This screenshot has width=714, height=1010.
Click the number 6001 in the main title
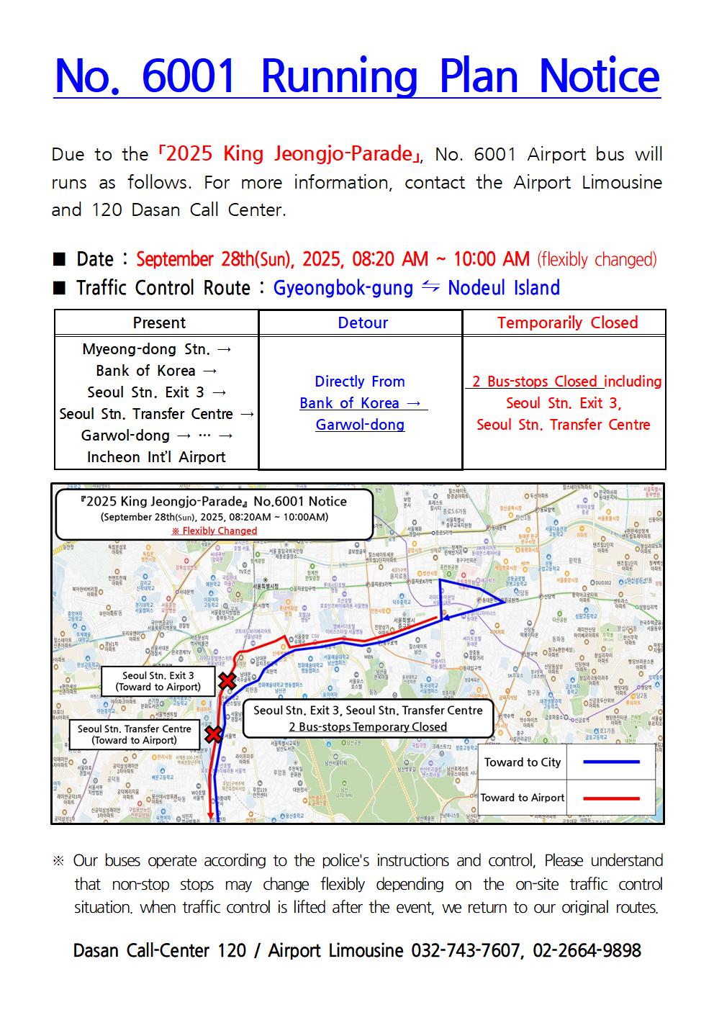(x=189, y=76)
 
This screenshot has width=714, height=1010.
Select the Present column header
(x=159, y=323)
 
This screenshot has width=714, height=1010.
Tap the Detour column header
(x=363, y=323)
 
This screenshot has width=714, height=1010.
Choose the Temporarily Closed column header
(x=567, y=323)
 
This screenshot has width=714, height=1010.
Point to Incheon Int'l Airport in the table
(x=156, y=457)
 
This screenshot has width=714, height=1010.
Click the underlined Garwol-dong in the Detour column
(x=360, y=425)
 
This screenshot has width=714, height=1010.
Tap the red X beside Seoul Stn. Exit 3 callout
(x=227, y=680)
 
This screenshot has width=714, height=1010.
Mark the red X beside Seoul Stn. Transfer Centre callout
(x=214, y=734)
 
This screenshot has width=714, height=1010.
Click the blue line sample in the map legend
(x=611, y=762)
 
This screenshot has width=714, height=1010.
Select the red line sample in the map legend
(x=611, y=798)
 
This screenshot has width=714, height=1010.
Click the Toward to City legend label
(x=523, y=762)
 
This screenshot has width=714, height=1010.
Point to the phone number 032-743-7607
(x=464, y=951)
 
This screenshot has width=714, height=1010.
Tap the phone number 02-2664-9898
(x=587, y=951)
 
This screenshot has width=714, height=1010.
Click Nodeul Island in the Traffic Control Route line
(x=504, y=288)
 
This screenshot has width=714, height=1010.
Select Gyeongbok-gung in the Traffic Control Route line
(x=343, y=288)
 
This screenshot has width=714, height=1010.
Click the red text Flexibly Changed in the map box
(x=214, y=531)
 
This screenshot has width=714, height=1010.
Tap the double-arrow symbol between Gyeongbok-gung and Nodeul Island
(x=430, y=287)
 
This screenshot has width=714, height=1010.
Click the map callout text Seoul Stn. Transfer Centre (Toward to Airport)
(x=135, y=734)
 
